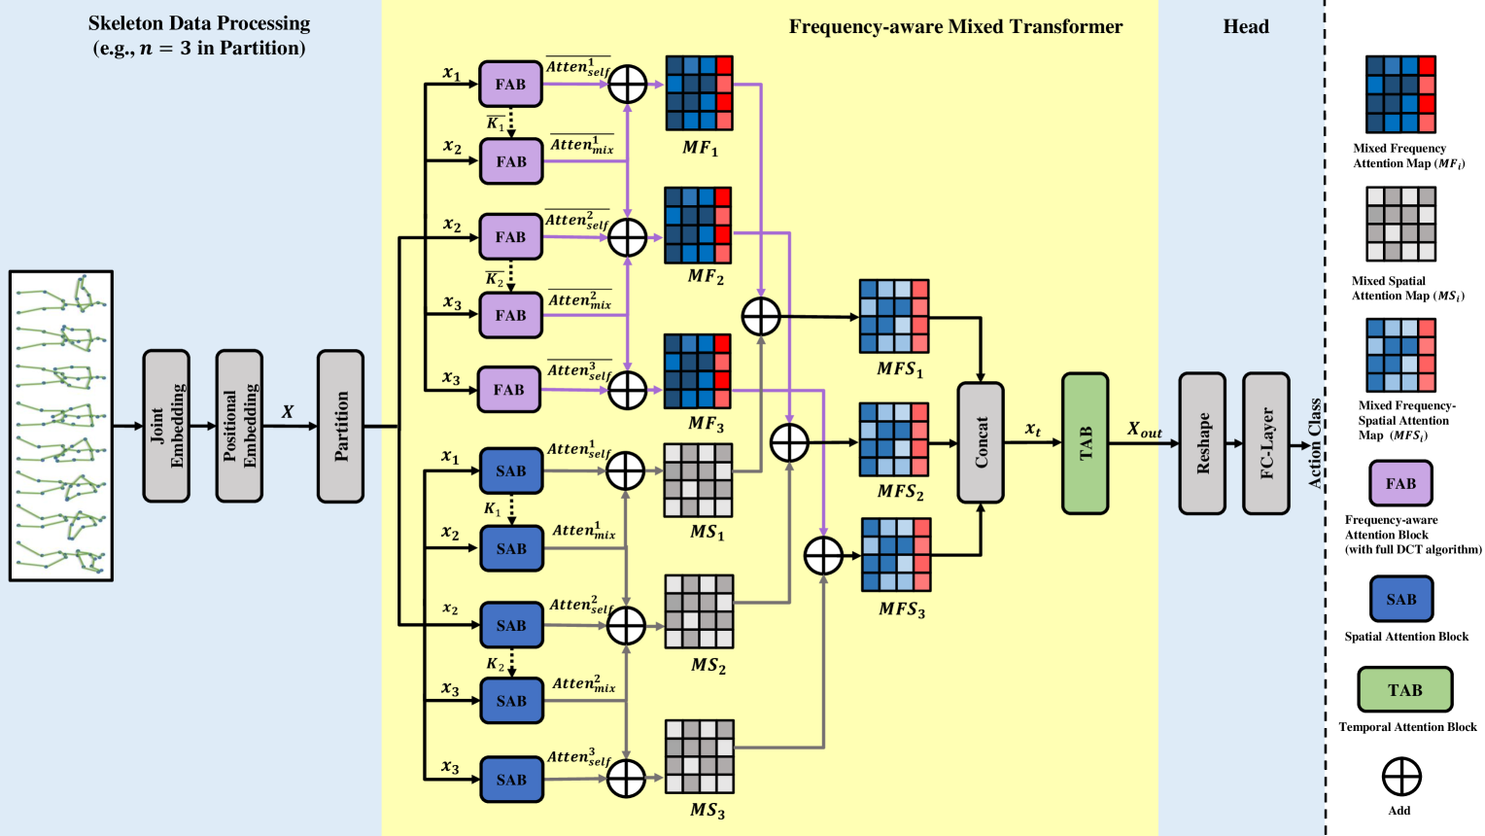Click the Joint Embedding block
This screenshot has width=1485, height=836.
(x=166, y=426)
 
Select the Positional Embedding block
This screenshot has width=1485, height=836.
(x=239, y=426)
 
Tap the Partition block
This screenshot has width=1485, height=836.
(x=340, y=426)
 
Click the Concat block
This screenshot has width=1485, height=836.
(x=981, y=442)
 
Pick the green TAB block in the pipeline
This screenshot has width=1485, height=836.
(x=1085, y=442)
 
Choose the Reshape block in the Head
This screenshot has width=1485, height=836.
(x=1202, y=442)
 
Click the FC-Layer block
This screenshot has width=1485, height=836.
(x=1266, y=442)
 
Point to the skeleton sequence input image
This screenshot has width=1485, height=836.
(x=61, y=426)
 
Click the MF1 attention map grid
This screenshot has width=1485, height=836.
(x=699, y=93)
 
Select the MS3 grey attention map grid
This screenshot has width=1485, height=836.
(x=699, y=756)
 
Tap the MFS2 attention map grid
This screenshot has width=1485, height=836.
(x=894, y=439)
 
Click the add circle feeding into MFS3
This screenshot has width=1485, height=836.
(x=824, y=555)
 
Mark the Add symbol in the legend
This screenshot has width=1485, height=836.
(x=1401, y=777)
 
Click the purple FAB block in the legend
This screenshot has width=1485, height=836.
(x=1400, y=483)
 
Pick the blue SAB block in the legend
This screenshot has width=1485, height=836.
(x=1400, y=599)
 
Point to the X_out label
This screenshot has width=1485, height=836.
(x=1145, y=430)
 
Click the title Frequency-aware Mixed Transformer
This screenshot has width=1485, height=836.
(x=955, y=27)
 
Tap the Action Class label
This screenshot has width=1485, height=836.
(x=1315, y=442)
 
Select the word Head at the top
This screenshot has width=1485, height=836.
(x=1246, y=27)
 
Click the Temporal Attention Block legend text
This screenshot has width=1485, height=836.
(x=1407, y=727)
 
